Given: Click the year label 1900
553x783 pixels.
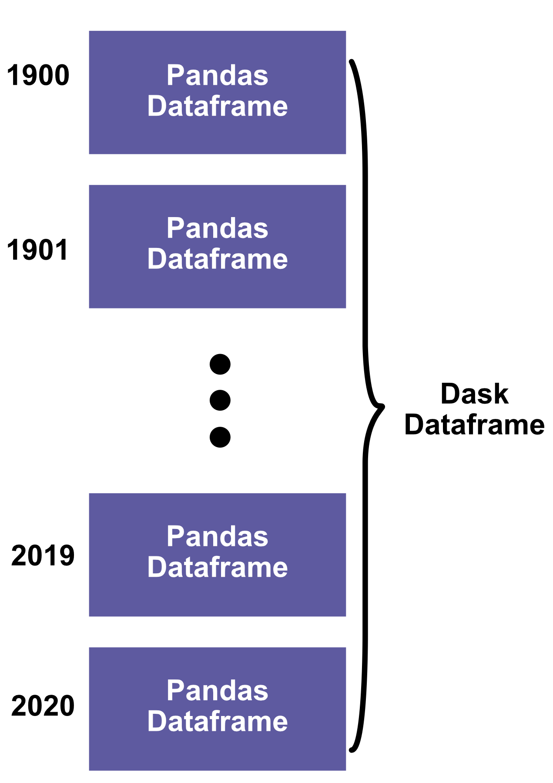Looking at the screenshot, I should click(38, 75).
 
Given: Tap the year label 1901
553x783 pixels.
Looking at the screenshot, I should click(38, 250).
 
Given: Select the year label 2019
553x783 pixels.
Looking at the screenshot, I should click(43, 555).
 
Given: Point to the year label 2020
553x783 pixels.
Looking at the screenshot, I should click(43, 706).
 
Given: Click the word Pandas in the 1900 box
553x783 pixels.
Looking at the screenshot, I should click(217, 75).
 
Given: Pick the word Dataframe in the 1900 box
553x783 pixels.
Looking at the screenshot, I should click(217, 106).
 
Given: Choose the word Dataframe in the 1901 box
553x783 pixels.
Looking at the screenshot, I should click(217, 259).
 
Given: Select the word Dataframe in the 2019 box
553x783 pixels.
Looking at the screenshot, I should click(217, 567).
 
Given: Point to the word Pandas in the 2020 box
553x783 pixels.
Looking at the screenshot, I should click(217, 690).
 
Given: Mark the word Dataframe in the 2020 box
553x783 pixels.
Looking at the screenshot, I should click(217, 721).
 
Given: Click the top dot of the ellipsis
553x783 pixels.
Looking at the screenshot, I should click(220, 364).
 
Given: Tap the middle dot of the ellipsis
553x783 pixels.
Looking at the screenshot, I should click(220, 400).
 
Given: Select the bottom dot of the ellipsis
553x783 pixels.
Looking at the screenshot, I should click(220, 437).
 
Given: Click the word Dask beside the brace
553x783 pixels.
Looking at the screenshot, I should click(474, 394).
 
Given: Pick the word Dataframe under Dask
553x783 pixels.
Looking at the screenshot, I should click(474, 425).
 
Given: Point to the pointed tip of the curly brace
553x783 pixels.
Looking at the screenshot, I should click(382, 407).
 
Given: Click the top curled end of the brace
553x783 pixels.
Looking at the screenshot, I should click(352, 62).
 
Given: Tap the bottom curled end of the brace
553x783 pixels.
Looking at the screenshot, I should click(352, 750).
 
